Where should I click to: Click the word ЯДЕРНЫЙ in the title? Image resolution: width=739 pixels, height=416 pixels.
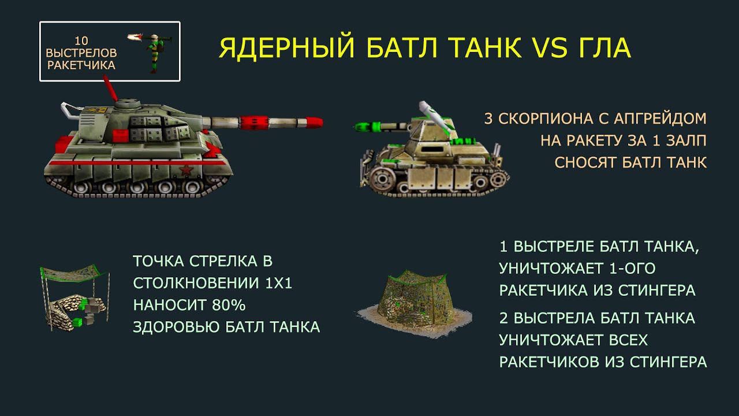pyautogui.click(x=287, y=48)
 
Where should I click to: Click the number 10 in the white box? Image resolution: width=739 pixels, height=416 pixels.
pyautogui.click(x=81, y=40)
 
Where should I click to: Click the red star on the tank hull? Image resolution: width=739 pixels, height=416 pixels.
pyautogui.click(x=186, y=170)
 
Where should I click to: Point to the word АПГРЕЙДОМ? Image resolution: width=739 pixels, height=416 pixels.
pyautogui.click(x=659, y=119)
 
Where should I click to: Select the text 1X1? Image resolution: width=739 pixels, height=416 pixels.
pyautogui.click(x=279, y=283)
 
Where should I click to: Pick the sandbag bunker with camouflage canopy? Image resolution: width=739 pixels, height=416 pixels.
pyautogui.click(x=75, y=297)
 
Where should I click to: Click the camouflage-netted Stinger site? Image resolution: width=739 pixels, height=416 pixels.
pyautogui.click(x=415, y=304)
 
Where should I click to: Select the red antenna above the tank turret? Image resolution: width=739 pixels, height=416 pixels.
pyautogui.click(x=110, y=88)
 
